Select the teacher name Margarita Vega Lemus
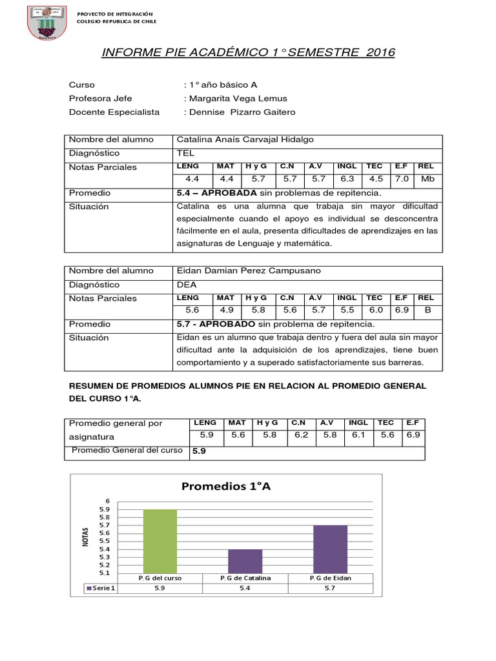(x=238, y=99)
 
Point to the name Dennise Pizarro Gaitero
(x=242, y=112)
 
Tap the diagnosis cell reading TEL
(x=185, y=154)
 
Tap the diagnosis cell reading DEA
(x=187, y=285)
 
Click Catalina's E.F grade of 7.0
(x=401, y=179)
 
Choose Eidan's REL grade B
(x=426, y=310)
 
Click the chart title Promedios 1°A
(x=226, y=487)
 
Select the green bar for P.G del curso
(x=160, y=541)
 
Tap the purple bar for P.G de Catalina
(x=245, y=560)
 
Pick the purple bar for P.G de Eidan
(x=330, y=549)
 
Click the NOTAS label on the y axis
(x=85, y=536)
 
